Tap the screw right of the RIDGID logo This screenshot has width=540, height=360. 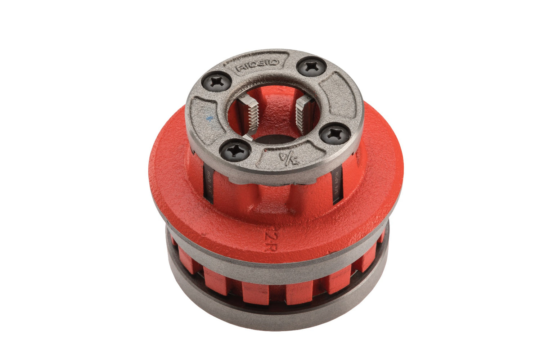312,67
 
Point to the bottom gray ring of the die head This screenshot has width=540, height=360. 277,317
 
